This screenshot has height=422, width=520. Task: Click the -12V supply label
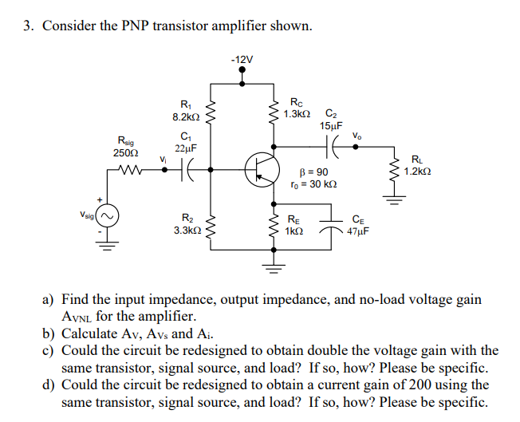point(242,60)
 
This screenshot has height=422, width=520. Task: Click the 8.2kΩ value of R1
point(186,117)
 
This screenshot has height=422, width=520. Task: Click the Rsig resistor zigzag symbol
point(128,169)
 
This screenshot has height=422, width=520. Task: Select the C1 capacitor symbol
point(186,169)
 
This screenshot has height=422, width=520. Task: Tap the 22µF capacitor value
point(186,148)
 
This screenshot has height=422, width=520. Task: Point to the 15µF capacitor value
point(331,126)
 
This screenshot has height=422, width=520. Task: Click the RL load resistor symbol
point(393,169)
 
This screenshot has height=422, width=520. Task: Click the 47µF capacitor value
point(357,231)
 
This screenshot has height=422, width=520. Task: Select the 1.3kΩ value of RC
point(297,115)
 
